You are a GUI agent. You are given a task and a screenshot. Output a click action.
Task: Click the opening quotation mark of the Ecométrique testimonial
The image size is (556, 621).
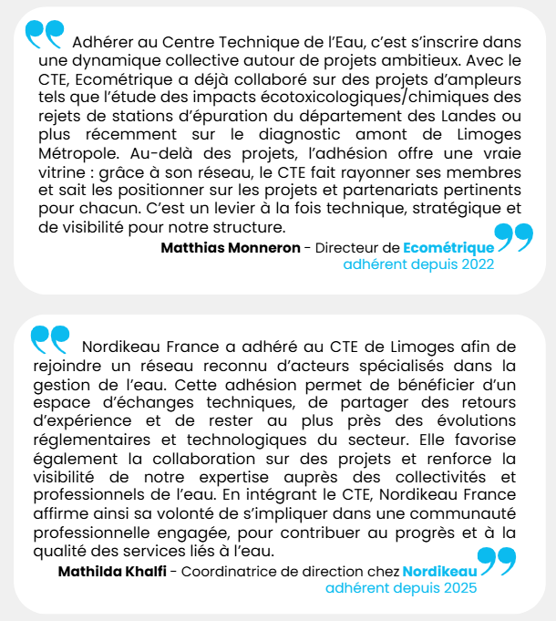(x=45, y=34)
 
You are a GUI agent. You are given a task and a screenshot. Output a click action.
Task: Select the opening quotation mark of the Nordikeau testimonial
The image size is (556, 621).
(x=49, y=338)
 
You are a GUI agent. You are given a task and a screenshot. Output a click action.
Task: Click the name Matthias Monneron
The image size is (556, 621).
(x=231, y=247)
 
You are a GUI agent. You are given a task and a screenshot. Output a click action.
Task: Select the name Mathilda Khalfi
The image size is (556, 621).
(x=112, y=572)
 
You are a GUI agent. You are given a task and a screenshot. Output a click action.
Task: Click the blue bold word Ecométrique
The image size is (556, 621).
(x=448, y=247)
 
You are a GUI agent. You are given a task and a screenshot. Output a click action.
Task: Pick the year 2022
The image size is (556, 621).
(x=477, y=264)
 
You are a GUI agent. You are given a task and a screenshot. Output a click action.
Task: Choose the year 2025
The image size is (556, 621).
(x=459, y=589)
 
